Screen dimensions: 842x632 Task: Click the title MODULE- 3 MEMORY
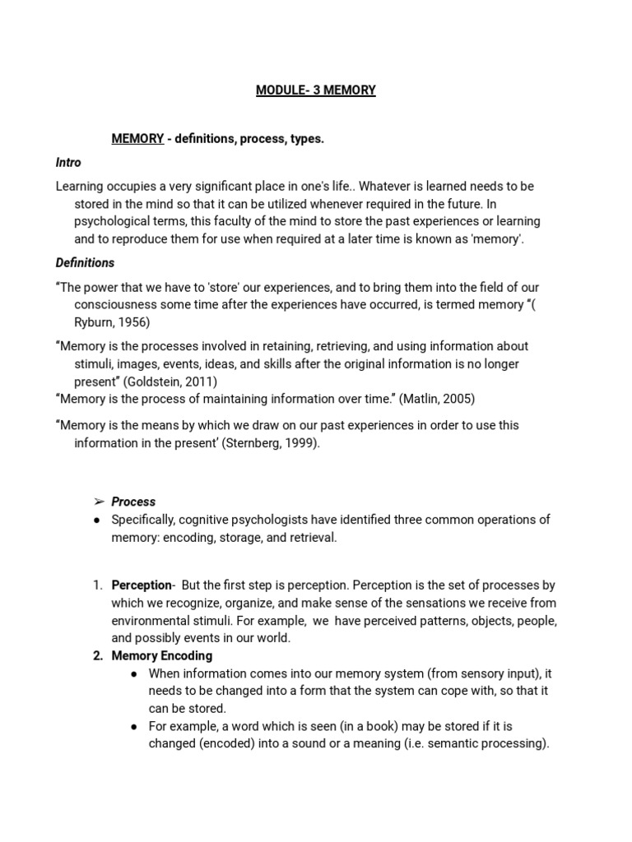pyautogui.click(x=315, y=90)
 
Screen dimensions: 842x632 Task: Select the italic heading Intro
pyautogui.click(x=68, y=163)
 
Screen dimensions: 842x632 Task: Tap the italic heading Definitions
pyautogui.click(x=85, y=263)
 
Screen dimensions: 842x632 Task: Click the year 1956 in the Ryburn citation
pyautogui.click(x=133, y=322)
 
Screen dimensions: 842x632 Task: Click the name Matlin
pyautogui.click(x=423, y=399)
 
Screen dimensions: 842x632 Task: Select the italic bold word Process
pyautogui.click(x=133, y=502)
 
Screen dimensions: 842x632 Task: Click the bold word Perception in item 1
pyautogui.click(x=141, y=585)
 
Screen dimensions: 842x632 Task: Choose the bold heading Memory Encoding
pyautogui.click(x=161, y=655)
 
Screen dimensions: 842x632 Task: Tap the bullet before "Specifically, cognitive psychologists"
pyautogui.click(x=97, y=520)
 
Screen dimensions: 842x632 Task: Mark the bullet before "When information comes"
pyautogui.click(x=134, y=673)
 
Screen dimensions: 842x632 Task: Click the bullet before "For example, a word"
pyautogui.click(x=134, y=727)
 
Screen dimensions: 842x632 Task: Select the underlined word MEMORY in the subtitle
pyautogui.click(x=137, y=139)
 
